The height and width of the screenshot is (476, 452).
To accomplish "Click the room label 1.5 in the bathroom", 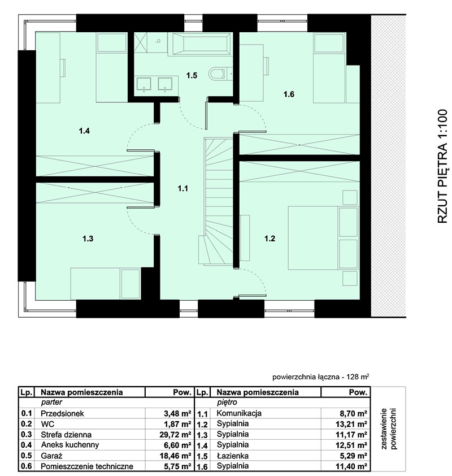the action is coord(192,75).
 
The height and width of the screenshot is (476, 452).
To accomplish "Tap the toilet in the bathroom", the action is coord(217,73).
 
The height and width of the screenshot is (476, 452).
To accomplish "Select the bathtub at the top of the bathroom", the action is coord(201,44).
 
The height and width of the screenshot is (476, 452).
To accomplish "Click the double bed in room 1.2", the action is coord(323,237).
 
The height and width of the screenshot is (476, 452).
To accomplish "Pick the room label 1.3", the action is coord(88,239).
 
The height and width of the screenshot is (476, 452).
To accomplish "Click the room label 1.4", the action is coord(84,131).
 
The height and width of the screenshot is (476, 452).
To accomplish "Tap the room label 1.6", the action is coord(289,94).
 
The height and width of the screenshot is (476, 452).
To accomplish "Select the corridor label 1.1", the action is coord(182,189).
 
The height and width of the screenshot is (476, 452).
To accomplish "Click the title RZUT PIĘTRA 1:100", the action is coord(442,166).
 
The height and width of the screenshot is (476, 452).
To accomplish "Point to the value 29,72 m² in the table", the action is coord(175,434).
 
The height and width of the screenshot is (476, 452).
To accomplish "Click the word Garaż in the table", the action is coord(51,456).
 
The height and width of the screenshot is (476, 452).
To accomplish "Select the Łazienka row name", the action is coord(233,456).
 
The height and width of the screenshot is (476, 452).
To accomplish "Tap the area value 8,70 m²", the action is coord(354,413).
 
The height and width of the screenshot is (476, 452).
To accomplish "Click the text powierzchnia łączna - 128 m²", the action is coord(321,377).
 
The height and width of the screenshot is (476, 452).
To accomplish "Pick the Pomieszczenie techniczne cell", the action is coord(87,466).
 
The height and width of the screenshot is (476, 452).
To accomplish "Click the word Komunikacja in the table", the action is coord(239,413).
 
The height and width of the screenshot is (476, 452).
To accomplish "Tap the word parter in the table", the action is coord(51,403).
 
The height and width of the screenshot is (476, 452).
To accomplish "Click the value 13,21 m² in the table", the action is coord(351,424).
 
